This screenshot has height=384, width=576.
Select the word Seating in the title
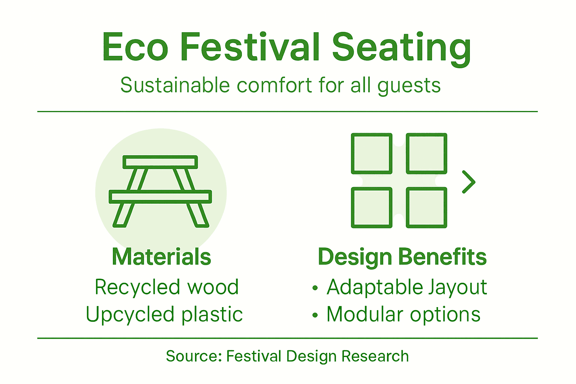pos(401,48)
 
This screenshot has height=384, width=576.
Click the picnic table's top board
pos(160,162)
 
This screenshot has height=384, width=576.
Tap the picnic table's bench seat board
pos(160,196)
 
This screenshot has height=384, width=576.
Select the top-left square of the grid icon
pos(372,153)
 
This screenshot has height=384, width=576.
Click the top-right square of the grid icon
pos(426,153)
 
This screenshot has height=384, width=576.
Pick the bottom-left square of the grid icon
pos(372,208)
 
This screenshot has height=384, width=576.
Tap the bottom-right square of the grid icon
pos(426,208)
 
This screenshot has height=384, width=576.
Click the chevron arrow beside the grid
pos(469,182)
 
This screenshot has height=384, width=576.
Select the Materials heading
pos(161,257)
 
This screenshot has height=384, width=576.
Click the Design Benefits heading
pos(402,257)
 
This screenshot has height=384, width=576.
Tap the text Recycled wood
pos(166,287)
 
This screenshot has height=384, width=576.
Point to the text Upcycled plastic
pos(164,314)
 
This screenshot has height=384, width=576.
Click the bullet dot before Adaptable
pos(315,288)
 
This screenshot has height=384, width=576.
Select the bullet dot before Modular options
pos(315,315)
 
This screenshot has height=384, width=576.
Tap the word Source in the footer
pos(194,356)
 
